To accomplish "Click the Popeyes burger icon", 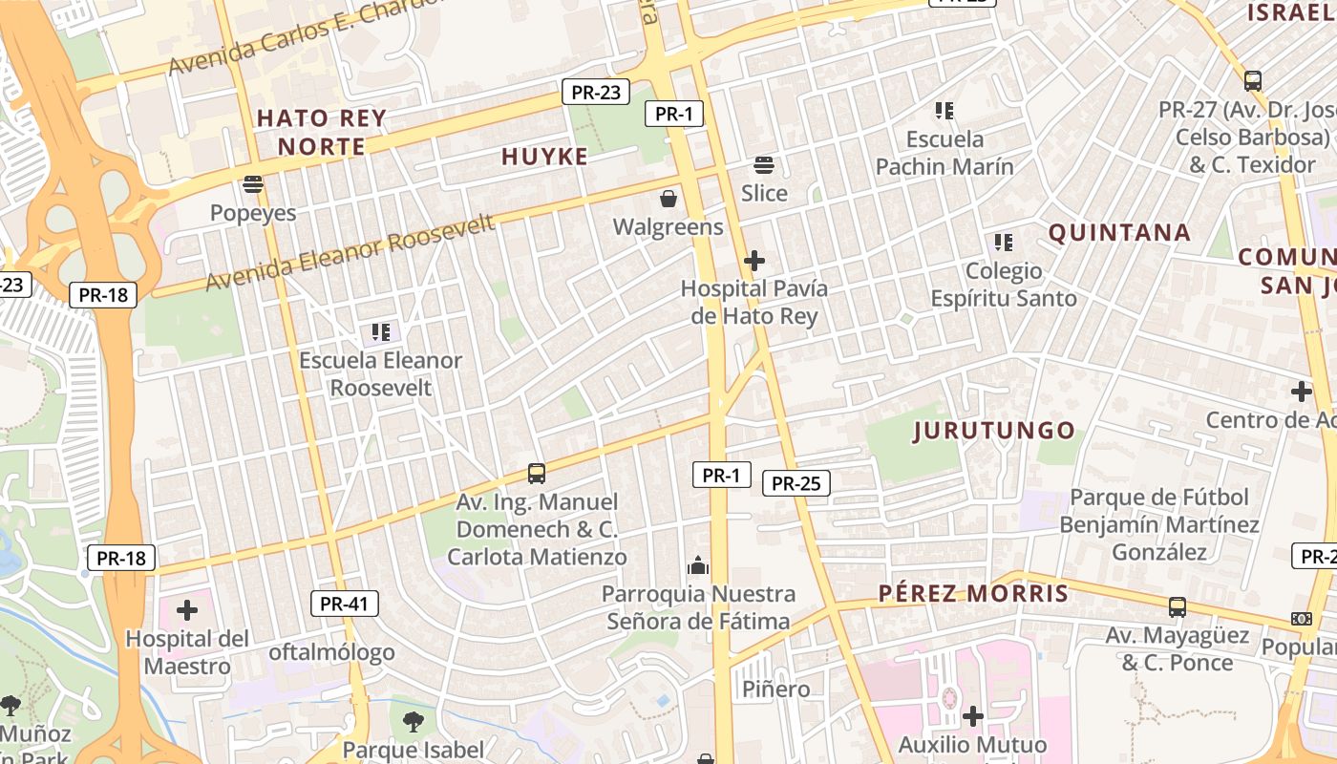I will [x=253, y=183].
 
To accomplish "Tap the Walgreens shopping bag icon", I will [x=668, y=199].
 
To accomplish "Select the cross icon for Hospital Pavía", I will [x=754, y=260].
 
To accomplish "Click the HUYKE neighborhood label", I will [x=545, y=158].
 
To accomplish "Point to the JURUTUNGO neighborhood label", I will [x=994, y=431].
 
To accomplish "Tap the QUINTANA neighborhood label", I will [x=1119, y=233].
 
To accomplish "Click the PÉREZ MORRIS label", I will [x=973, y=594].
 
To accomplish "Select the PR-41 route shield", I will [x=345, y=604].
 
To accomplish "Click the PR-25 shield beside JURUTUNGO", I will [x=796, y=483].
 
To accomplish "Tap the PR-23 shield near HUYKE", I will [x=595, y=93].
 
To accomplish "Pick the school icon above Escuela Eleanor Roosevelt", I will [x=381, y=332].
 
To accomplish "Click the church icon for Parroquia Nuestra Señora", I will [x=698, y=566].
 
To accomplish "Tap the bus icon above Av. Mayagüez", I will [x=1178, y=607].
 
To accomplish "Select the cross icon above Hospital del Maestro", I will [x=187, y=609].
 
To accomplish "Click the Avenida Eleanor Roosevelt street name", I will [x=350, y=253].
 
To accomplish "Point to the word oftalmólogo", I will [x=331, y=653].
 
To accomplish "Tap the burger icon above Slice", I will [x=764, y=165].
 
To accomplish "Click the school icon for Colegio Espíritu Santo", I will [x=1003, y=243].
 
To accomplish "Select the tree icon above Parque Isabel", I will [x=414, y=721].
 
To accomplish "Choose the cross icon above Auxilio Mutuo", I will [x=973, y=715].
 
